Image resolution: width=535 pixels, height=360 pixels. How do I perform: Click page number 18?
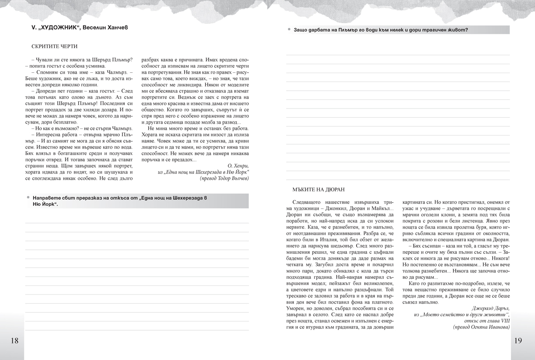tap(14, 341)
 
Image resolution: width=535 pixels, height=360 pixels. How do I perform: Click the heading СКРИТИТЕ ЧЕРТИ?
tap(56, 46)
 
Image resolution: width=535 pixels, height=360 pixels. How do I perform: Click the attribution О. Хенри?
tap(239, 165)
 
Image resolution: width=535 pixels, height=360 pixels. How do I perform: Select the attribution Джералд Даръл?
tap(490, 308)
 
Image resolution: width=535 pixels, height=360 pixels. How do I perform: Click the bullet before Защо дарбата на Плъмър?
tap(290, 29)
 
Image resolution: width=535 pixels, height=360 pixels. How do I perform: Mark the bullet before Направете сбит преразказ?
tap(28, 198)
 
